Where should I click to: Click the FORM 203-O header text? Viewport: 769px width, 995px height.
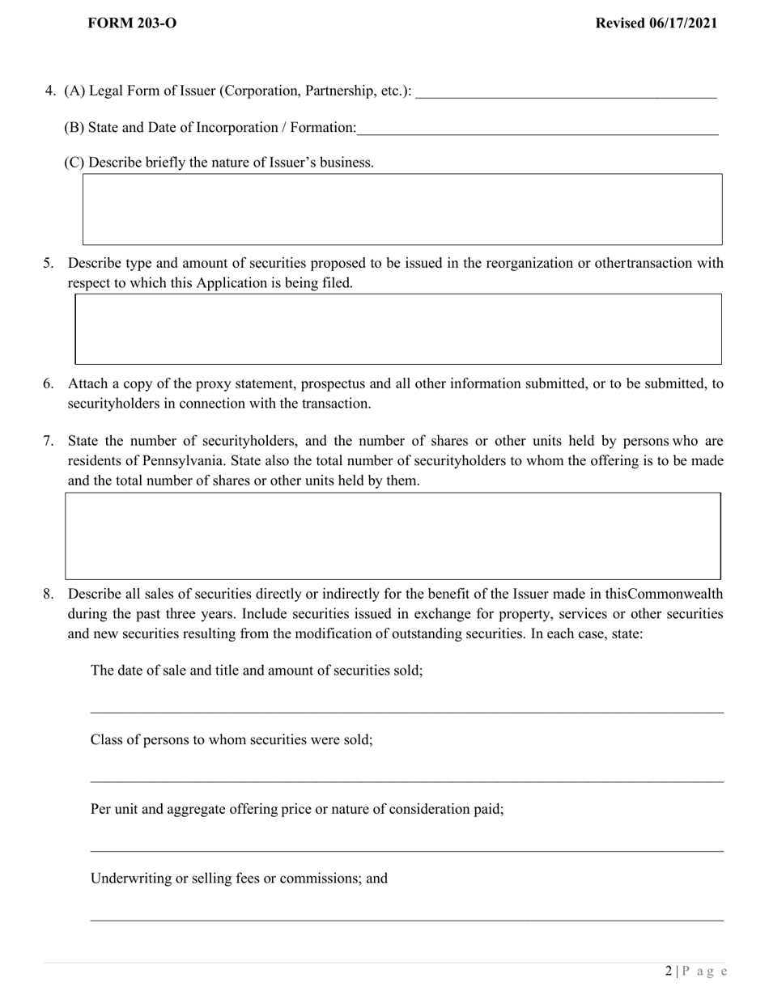[132, 23]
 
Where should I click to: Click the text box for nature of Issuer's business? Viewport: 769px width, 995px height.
[402, 209]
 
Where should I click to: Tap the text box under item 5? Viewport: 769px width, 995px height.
[398, 328]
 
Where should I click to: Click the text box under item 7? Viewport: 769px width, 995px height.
[393, 536]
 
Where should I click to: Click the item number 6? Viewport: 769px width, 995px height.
[49, 383]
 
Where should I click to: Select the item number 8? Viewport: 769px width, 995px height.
[49, 594]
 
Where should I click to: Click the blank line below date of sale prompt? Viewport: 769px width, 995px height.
[406, 711]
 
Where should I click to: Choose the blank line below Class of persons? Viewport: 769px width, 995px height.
[406, 780]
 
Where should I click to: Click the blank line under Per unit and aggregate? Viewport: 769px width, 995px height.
[406, 849]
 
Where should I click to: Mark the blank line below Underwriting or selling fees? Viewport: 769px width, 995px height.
[406, 918]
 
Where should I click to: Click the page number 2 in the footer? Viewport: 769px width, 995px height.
[669, 972]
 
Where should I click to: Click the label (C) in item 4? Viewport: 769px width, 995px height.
[74, 162]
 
